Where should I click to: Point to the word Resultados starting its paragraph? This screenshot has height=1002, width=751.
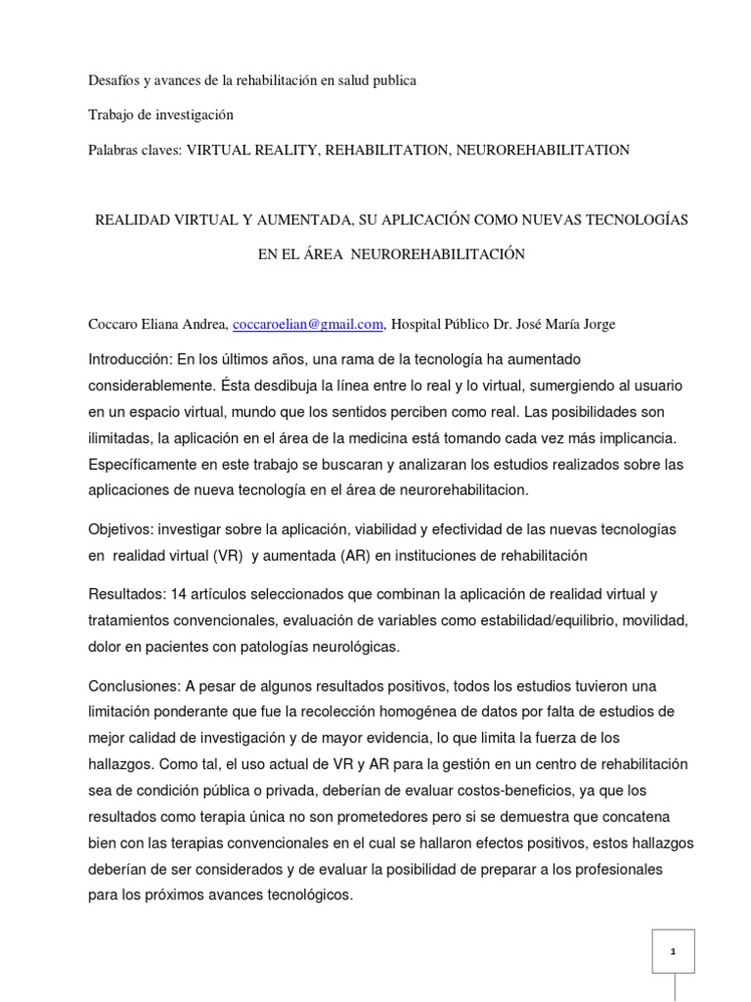click(x=124, y=594)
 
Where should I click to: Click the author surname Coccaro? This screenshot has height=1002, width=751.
click(x=114, y=325)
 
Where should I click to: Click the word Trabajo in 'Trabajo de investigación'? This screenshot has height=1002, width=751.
click(x=113, y=114)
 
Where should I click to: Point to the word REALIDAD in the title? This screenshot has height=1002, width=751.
click(x=127, y=220)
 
